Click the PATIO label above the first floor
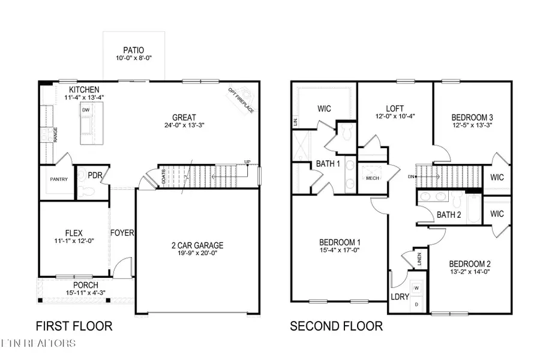point(134,51)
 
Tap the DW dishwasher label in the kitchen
point(87,110)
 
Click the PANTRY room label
point(58,179)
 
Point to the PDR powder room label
point(95,176)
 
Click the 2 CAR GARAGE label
point(197,245)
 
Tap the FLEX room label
point(73,233)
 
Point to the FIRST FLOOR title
point(74,326)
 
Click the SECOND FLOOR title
point(336,326)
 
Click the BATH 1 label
point(328,164)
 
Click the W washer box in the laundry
point(417,288)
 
